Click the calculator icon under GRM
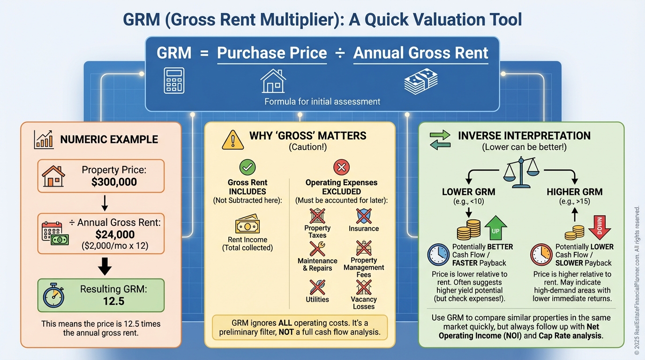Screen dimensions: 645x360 click(x=174, y=80)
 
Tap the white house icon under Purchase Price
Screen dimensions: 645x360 click(x=273, y=81)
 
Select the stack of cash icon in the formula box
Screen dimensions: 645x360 click(x=420, y=81)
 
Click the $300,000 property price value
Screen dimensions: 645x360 click(x=114, y=182)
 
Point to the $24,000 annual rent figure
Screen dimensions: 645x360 click(x=115, y=234)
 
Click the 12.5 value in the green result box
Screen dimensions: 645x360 click(x=114, y=301)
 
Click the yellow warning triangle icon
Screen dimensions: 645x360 click(x=232, y=140)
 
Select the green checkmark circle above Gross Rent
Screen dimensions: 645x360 click(x=247, y=167)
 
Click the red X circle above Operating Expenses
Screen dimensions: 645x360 click(x=342, y=167)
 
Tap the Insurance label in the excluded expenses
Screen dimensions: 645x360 click(x=364, y=229)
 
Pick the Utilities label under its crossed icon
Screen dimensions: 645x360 click(x=317, y=300)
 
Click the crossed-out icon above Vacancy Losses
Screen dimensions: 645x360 click(x=364, y=287)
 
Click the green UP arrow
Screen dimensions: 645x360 click(x=495, y=228)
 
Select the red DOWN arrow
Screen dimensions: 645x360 click(x=600, y=228)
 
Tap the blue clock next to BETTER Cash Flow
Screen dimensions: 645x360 click(x=438, y=255)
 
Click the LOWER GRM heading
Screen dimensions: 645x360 click(x=469, y=192)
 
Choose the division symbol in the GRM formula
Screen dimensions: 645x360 click(x=340, y=53)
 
